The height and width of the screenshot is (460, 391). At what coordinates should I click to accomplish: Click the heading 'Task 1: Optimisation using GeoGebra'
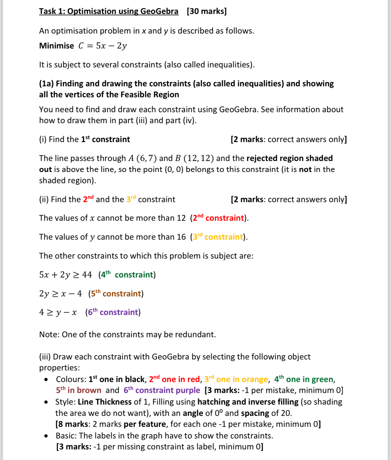[108, 11]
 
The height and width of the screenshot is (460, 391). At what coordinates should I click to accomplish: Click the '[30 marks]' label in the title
[207, 11]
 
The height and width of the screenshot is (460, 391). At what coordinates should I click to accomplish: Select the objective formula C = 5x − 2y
[102, 46]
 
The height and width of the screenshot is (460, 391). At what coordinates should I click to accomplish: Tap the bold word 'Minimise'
[56, 46]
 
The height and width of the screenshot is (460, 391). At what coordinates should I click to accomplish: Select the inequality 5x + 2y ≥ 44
[65, 275]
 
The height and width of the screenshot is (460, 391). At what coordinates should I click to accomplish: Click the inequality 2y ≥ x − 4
[60, 294]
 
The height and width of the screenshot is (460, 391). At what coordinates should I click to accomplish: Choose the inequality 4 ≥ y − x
[58, 313]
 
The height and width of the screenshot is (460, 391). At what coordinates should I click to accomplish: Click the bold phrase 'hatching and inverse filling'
[248, 402]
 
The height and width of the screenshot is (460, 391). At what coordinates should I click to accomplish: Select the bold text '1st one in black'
[117, 379]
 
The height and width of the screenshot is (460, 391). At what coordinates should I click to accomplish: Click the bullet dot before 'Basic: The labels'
[46, 436]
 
